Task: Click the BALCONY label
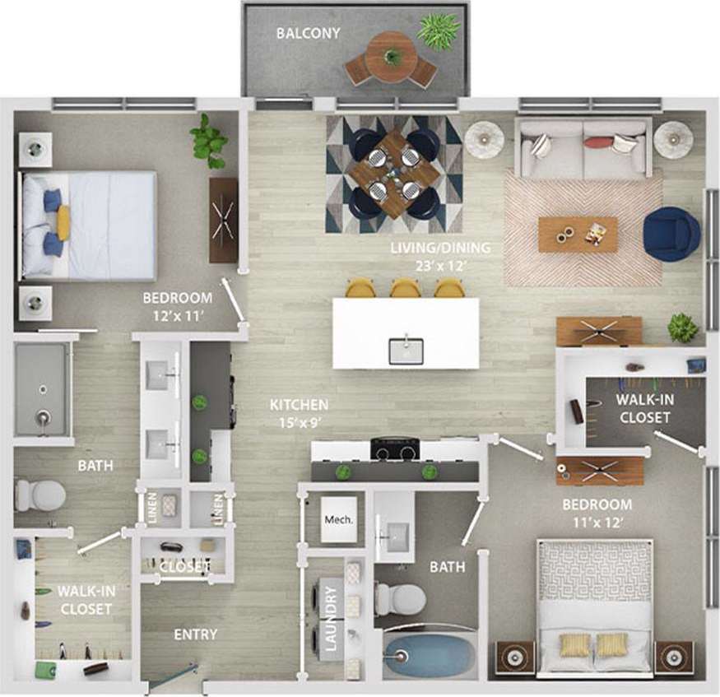(308, 34)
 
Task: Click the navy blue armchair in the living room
(671, 234)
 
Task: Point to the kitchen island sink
(406, 350)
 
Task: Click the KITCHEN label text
(300, 405)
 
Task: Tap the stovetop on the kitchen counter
(395, 449)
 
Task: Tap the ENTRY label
(196, 634)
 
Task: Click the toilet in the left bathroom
(40, 495)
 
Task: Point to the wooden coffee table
(578, 235)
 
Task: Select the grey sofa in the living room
(583, 148)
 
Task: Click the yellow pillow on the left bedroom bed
(63, 222)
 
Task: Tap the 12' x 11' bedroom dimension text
(177, 314)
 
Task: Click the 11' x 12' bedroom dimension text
(597, 520)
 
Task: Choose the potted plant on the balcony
(438, 30)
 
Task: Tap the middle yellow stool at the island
(405, 287)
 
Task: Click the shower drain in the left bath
(41, 419)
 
